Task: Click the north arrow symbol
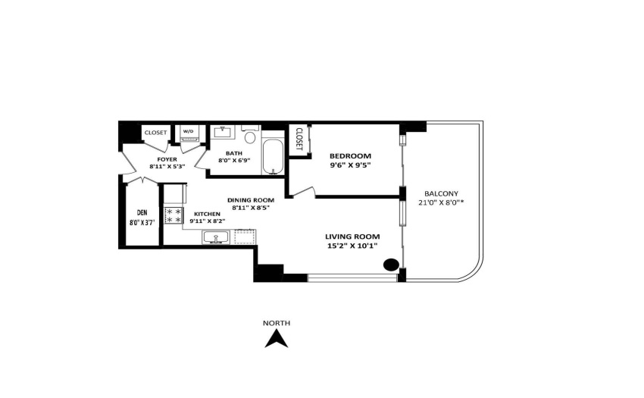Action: [x=276, y=340]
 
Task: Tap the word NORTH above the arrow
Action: [x=277, y=323]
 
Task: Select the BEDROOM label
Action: [x=350, y=156]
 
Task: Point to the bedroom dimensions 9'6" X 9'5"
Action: [x=350, y=165]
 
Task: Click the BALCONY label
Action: [x=441, y=193]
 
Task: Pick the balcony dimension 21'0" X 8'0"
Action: [x=441, y=202]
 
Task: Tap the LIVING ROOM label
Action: [x=352, y=237]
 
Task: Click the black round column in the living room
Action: [x=391, y=265]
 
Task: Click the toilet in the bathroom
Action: [x=250, y=134]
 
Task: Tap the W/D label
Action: [x=188, y=132]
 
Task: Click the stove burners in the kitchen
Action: [x=174, y=216]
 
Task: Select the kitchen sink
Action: [x=216, y=237]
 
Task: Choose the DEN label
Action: [x=142, y=213]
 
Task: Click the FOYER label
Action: [x=167, y=159]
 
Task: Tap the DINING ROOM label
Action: [x=251, y=200]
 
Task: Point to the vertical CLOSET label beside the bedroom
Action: [x=299, y=139]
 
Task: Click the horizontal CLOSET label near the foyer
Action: [x=155, y=133]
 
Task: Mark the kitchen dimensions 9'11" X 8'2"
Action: [x=208, y=221]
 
